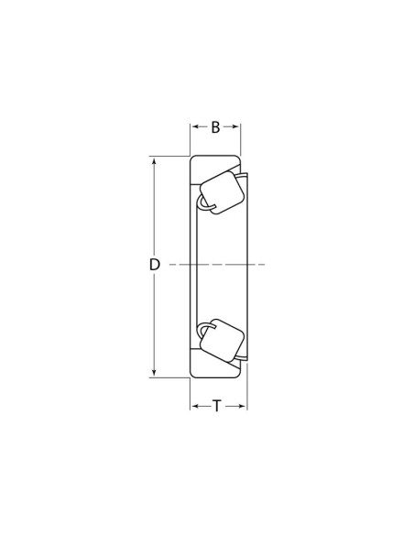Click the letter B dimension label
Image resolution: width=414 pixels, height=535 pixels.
pos(215,127)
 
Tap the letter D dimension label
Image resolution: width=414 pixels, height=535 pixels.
pos(155,265)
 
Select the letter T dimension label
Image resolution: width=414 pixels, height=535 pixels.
pos(217,406)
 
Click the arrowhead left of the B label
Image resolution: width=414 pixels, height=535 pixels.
pos(195,126)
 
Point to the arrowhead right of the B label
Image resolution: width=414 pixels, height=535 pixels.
pos(235,126)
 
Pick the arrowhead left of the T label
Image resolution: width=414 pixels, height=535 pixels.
pos(195,406)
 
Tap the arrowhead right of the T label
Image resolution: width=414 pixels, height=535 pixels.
pos(242,406)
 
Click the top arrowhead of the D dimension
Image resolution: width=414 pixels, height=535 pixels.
pos(155,161)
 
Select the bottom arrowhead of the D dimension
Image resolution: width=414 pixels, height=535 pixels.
pos(155,372)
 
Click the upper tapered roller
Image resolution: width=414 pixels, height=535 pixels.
pos(222,192)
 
